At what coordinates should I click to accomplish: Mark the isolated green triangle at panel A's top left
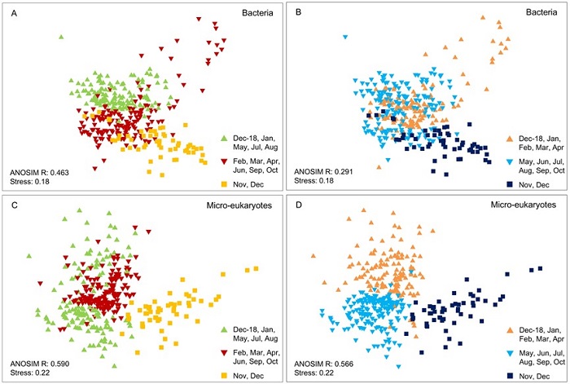(61, 37)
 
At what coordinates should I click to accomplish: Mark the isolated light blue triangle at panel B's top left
(345, 38)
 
